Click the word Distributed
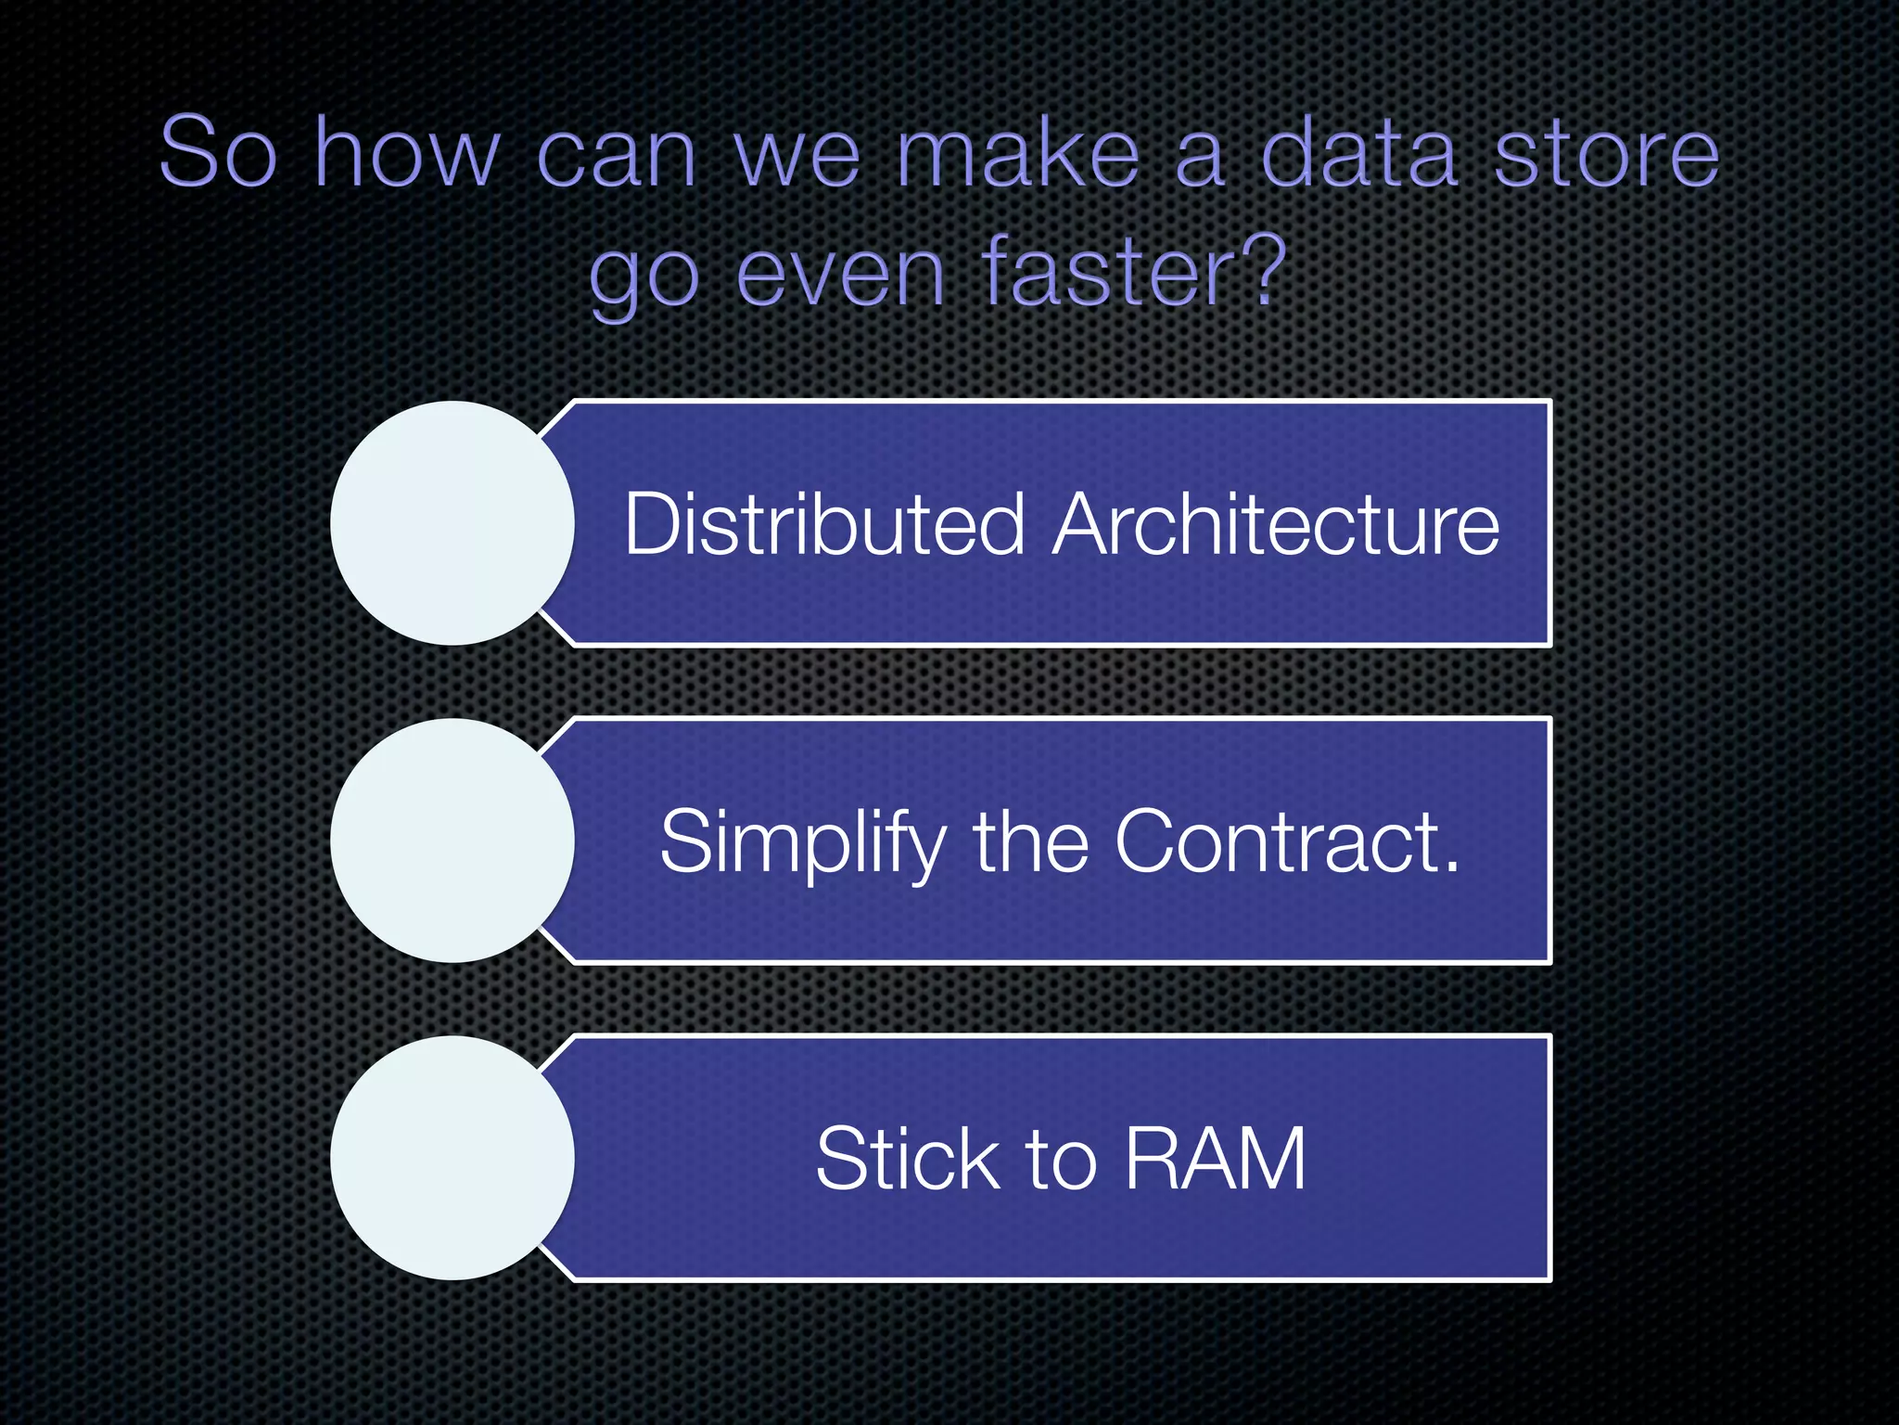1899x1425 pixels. pyautogui.click(x=823, y=524)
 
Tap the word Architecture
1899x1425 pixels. pyautogui.click(x=1275, y=524)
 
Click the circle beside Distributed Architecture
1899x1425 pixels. pyautogui.click(x=452, y=523)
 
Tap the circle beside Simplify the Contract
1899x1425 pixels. pyautogui.click(x=452, y=841)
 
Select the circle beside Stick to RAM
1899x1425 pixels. pyautogui.click(x=452, y=1158)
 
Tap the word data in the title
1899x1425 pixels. pyautogui.click(x=1359, y=153)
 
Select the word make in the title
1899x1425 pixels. pyautogui.click(x=1017, y=153)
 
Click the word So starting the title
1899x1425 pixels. pyautogui.click(x=219, y=153)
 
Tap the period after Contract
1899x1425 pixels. pyautogui.click(x=1450, y=868)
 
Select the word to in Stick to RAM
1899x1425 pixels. pyautogui.click(x=1061, y=1161)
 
